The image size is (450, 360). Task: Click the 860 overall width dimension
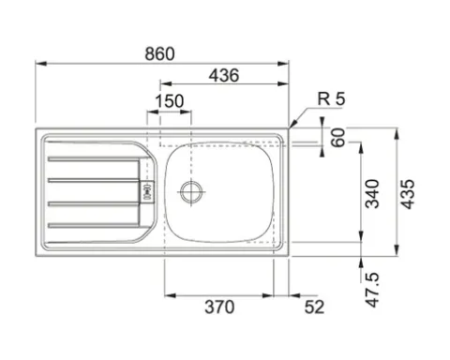point(159,54)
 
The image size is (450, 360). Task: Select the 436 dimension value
point(224,75)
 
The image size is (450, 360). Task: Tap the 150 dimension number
point(170,101)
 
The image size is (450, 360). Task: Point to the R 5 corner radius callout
point(331,98)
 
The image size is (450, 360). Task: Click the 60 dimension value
point(338,137)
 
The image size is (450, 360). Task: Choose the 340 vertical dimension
point(372,194)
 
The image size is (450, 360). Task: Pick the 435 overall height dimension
point(408,194)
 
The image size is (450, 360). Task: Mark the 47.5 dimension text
point(372,290)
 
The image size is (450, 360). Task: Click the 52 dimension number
point(314,307)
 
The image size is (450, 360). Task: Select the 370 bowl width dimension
point(219,307)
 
